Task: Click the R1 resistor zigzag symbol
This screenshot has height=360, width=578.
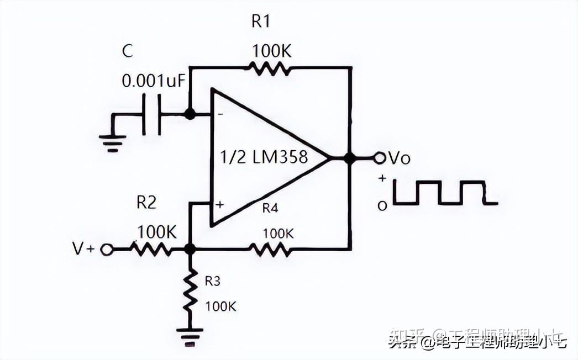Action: [269, 68]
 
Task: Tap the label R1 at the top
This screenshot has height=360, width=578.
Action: [261, 22]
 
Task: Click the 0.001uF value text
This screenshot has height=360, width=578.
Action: [154, 81]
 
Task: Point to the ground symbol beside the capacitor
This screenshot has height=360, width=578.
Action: [113, 142]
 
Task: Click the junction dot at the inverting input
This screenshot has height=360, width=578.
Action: [190, 114]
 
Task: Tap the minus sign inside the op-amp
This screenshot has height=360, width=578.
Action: [220, 114]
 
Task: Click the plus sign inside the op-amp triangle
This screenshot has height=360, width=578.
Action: [220, 204]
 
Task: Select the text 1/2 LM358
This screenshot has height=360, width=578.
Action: [264, 157]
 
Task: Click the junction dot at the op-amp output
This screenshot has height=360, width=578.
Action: [349, 158]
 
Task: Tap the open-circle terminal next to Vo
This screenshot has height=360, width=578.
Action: [379, 158]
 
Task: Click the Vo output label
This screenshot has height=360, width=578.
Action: [400, 158]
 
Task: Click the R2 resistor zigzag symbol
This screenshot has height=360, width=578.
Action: [151, 250]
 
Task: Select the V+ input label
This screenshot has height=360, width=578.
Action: [83, 249]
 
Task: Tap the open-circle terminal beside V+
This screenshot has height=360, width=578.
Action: [106, 250]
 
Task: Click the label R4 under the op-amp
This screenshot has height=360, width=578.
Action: [270, 209]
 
